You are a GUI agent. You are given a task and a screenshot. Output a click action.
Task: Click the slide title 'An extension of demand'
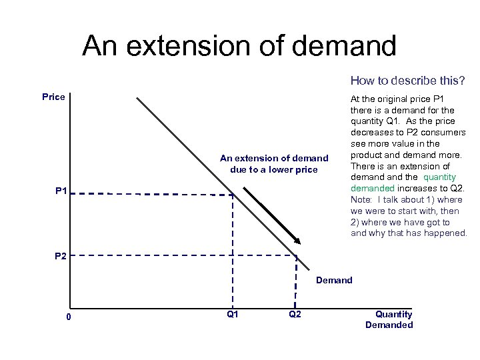tap(239, 46)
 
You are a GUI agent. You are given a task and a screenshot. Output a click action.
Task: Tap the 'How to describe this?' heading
tap(407, 81)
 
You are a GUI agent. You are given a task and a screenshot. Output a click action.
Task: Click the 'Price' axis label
tap(53, 97)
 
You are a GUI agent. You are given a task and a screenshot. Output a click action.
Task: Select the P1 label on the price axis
tap(61, 192)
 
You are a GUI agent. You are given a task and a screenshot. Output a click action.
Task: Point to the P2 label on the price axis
tap(61, 256)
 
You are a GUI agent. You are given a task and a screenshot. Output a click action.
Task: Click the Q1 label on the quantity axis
tap(233, 314)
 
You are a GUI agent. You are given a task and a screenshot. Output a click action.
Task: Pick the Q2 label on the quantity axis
tap(295, 314)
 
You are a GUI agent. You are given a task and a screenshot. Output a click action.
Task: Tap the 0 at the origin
tap(69, 316)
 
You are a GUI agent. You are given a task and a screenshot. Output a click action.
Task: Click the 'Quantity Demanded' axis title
tap(389, 319)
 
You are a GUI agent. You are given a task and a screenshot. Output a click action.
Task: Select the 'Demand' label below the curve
tap(334, 280)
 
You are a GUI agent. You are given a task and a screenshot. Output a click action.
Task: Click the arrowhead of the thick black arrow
tap(297, 241)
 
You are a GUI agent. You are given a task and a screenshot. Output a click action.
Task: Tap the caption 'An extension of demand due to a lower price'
tap(274, 163)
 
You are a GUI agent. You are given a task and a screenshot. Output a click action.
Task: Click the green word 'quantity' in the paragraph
tap(439, 177)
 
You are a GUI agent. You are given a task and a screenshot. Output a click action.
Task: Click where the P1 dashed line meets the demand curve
tap(232, 195)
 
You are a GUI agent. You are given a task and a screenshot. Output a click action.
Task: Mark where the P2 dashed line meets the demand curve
tap(295, 255)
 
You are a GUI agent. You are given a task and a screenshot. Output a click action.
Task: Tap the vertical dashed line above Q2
tap(295, 280)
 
